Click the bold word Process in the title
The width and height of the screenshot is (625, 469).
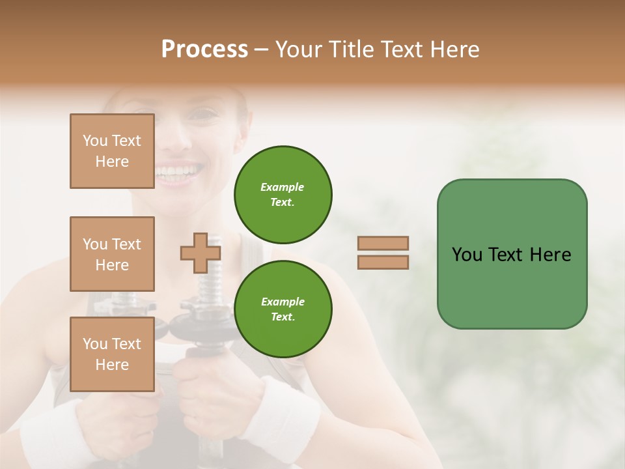(204, 50)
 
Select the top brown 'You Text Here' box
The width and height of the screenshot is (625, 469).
(112, 151)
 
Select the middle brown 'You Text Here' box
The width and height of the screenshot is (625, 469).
(112, 254)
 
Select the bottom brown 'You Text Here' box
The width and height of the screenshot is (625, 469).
(112, 354)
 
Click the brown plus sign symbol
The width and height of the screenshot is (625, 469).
(200, 253)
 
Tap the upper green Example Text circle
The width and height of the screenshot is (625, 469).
(283, 194)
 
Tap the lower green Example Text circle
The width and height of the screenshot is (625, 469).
(283, 309)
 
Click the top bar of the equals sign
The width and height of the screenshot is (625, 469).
(383, 244)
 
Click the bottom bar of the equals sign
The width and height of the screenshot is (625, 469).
(383, 262)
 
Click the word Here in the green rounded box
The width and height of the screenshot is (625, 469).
(550, 255)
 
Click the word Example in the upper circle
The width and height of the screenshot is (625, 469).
(283, 187)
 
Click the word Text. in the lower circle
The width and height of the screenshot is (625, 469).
(283, 317)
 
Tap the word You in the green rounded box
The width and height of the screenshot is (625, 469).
(467, 255)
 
